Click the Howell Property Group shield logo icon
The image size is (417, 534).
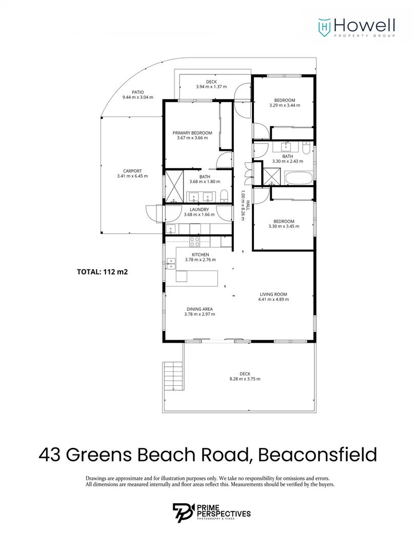tap(324, 25)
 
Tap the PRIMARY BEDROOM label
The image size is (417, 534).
tap(192, 133)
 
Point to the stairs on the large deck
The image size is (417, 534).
tap(173, 375)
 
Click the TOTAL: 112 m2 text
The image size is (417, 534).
tap(102, 272)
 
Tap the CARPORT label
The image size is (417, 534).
tap(132, 171)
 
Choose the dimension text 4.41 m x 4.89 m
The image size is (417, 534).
tap(273, 301)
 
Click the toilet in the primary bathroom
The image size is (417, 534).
tap(225, 195)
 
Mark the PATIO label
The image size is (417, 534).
tap(137, 92)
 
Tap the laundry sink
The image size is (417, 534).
tap(169, 229)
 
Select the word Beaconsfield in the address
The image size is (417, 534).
tap(317, 454)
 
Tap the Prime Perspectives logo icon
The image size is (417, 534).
tap(183, 513)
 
